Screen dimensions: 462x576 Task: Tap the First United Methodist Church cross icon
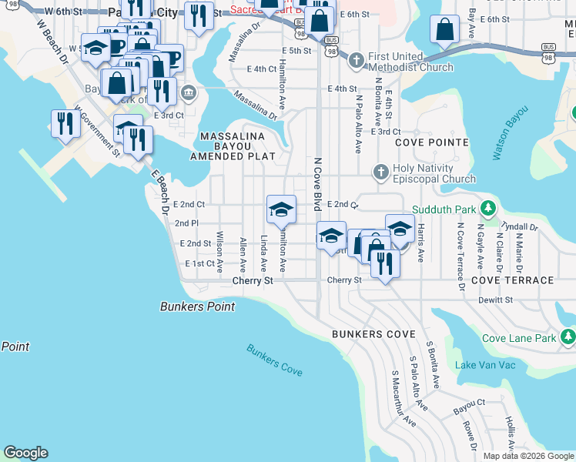(x=357, y=60)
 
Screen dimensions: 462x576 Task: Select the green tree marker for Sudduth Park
(x=487, y=209)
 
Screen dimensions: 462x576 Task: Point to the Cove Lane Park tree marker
(x=568, y=337)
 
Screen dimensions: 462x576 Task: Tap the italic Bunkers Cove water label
(x=274, y=360)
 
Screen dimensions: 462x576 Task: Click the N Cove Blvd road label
(x=317, y=185)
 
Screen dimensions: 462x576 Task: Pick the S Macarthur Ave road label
(x=403, y=399)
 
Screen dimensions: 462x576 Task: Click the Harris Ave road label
(x=421, y=242)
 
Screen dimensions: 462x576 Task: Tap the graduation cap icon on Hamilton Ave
(x=281, y=209)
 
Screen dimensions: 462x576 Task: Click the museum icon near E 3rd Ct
(x=188, y=94)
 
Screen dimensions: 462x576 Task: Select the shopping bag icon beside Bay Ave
(x=444, y=30)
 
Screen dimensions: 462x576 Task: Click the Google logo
(x=25, y=453)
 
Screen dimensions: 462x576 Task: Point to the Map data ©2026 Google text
(x=528, y=456)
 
